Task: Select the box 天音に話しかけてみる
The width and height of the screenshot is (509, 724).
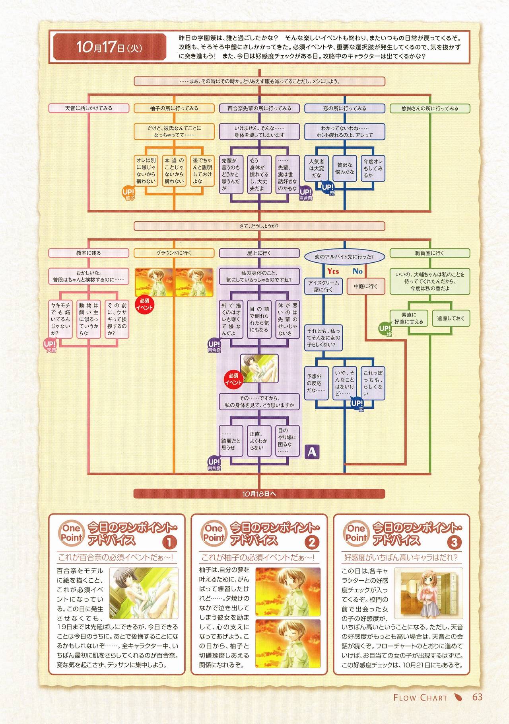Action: coord(89,108)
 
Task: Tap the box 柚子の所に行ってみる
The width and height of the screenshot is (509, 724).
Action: coord(174,108)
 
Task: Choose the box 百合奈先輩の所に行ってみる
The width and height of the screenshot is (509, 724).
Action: coord(259,108)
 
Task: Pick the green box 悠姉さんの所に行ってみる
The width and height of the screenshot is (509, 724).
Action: coord(430,108)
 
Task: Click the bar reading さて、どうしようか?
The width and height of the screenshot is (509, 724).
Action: coord(259,226)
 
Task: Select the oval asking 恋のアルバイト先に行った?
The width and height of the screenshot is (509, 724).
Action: coord(344,257)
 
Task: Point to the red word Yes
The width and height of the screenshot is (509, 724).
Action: coord(333,271)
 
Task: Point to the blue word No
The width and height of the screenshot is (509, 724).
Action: coord(357,271)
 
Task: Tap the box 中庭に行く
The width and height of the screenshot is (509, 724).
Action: coord(365,286)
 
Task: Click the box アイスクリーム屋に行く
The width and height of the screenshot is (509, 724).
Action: coord(323,286)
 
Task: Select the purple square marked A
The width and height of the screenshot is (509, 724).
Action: coord(312,451)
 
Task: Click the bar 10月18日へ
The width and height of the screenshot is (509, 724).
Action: coord(259,494)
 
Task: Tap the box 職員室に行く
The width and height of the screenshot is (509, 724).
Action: coord(430,253)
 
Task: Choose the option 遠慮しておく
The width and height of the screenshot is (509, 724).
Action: coord(451,318)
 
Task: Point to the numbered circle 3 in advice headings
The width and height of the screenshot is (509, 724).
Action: coord(454,542)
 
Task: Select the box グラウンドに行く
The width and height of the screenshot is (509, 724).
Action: coord(174,253)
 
